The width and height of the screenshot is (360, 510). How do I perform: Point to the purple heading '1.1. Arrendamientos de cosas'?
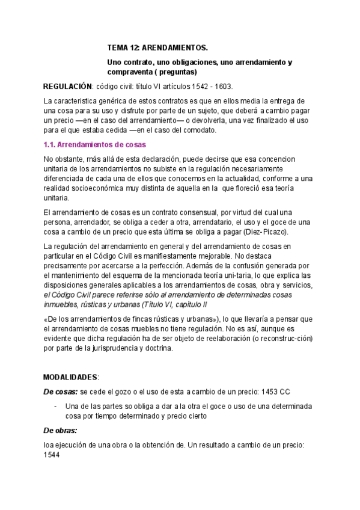tap(95, 145)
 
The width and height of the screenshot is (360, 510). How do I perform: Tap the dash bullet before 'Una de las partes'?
tap(55, 406)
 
